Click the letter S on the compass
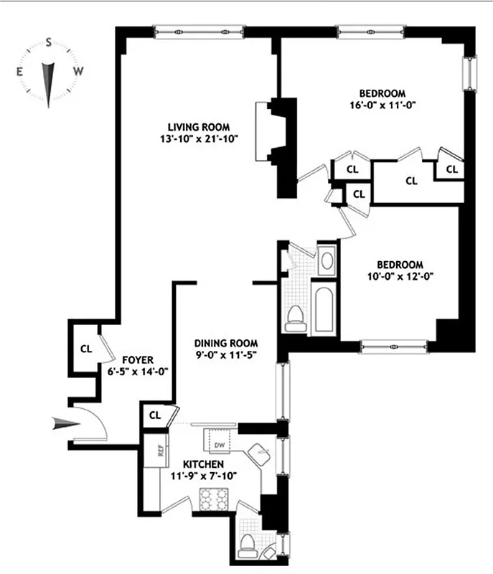pos(48,42)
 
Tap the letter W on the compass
pos(79,71)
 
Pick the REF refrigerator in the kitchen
pos(153,451)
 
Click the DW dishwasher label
pos(220,445)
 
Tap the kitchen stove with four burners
pos(213,498)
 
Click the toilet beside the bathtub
pos(294,317)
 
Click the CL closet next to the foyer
pos(86,349)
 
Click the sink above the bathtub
pos(326,259)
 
